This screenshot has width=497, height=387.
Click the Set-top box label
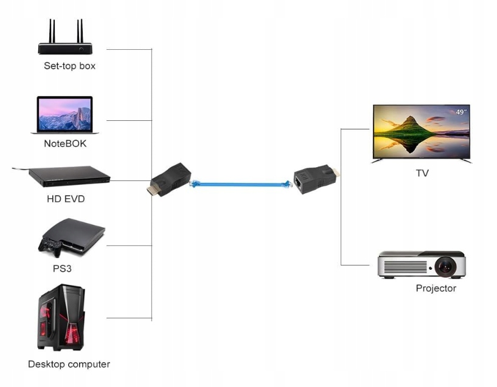coord(69,66)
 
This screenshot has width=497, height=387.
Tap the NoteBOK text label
coord(65,143)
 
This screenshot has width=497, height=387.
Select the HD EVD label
coord(66,199)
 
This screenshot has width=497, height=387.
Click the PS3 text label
coord(62,269)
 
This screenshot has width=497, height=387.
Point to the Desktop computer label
coord(69,364)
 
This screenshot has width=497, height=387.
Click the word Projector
coord(436,288)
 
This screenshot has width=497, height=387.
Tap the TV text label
coord(422,173)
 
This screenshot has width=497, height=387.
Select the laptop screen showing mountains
coord(64,114)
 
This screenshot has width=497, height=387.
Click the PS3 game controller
coord(50,246)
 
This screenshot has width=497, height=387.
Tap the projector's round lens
coord(445,267)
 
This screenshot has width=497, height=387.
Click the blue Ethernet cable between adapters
coord(240,184)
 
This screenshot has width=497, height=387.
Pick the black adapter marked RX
coord(316,179)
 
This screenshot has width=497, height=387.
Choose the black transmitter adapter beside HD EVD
coord(169,180)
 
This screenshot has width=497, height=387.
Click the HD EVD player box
coord(69,176)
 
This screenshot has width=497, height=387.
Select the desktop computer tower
coord(61,317)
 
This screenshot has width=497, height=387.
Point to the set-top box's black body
coord(65,49)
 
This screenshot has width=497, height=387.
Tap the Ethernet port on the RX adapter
coord(299,182)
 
